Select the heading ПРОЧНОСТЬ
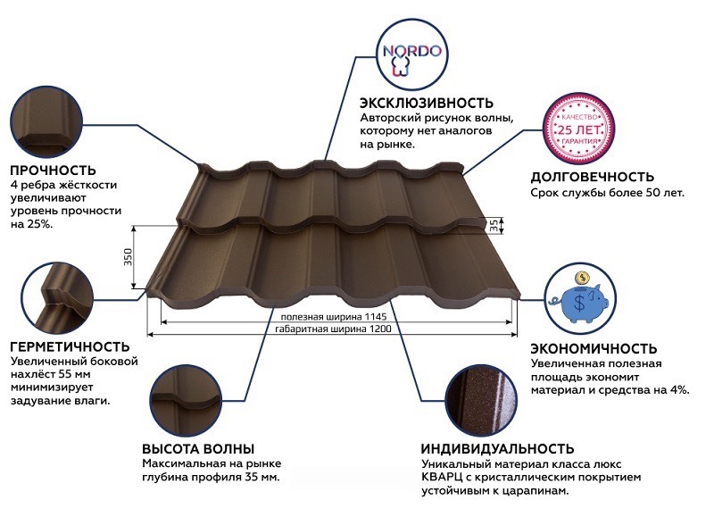click(53, 170)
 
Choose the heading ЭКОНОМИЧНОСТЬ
click(594, 348)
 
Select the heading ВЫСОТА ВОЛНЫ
click(198, 448)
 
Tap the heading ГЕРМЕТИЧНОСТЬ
click(69, 346)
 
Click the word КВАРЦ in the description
click(440, 478)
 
